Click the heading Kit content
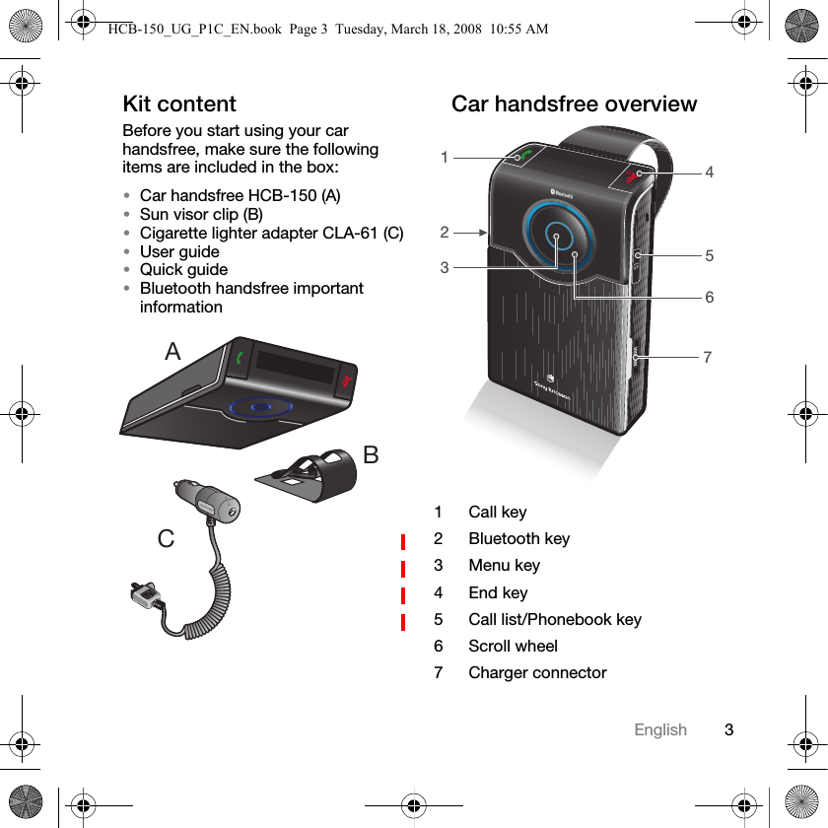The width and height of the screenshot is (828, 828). [178, 103]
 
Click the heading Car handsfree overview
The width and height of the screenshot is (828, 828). [574, 103]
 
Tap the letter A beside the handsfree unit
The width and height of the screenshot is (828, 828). [173, 351]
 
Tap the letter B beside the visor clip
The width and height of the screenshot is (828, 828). [371, 454]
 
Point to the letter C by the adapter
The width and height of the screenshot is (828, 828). [166, 539]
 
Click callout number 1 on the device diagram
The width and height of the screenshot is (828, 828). [445, 158]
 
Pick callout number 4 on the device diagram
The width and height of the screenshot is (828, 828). [709, 172]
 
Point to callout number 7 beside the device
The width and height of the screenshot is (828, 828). [707, 357]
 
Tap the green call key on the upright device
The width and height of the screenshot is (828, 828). [523, 157]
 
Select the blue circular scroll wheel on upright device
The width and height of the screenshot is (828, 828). [558, 237]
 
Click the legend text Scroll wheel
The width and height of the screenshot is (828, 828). [513, 646]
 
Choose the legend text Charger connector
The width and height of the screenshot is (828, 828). [537, 672]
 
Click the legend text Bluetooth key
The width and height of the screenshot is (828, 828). [518, 538]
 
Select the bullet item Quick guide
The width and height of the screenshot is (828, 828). [183, 269]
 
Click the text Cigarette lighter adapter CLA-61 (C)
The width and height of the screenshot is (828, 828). [271, 233]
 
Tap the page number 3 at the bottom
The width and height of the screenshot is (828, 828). [728, 729]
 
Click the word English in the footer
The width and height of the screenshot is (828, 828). [659, 729]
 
